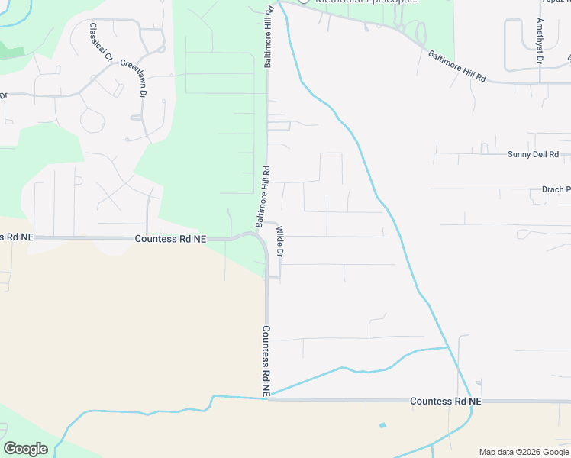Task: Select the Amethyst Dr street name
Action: tap(540, 40)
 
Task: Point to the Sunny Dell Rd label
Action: tap(534, 154)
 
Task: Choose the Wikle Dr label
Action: tap(280, 241)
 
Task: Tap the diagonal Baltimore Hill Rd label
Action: tap(457, 66)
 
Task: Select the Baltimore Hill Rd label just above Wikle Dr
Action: tap(263, 197)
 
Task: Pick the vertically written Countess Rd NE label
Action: tap(266, 360)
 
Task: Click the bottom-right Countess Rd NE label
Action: tap(446, 401)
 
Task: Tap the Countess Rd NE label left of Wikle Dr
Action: tap(170, 239)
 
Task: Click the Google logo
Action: tap(25, 449)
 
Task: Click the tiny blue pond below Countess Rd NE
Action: tap(382, 425)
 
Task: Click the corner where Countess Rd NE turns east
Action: tap(266, 398)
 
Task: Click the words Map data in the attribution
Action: tap(495, 452)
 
